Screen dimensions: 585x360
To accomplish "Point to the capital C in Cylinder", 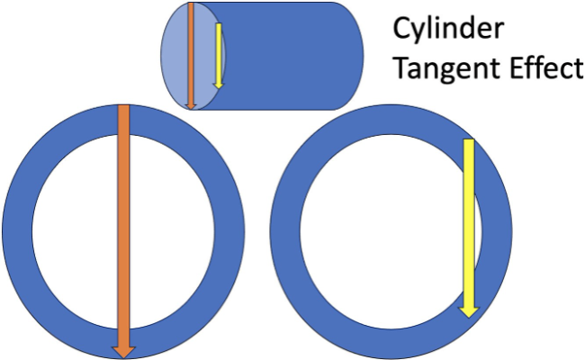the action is click(x=401, y=29).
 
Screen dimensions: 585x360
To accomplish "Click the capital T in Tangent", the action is click(x=402, y=67).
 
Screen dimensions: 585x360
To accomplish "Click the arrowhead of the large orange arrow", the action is click(x=123, y=352).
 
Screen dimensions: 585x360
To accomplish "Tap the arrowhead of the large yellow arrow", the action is click(x=469, y=312).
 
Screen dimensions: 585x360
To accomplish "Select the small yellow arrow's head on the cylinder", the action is click(x=219, y=85).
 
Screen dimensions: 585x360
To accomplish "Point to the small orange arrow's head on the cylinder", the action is click(x=191, y=106).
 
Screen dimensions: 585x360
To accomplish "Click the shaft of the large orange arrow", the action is click(x=123, y=226).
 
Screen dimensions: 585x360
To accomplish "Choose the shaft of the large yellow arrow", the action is click(x=469, y=223).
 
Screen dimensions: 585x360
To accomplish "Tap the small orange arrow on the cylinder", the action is click(x=191, y=56).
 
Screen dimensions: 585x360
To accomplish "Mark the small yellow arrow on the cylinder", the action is click(x=219, y=56).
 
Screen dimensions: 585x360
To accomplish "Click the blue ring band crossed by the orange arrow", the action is click(x=17, y=231).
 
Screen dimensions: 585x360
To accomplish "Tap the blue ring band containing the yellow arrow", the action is click(x=285, y=231).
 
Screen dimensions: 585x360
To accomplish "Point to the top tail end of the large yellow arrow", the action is click(x=469, y=139).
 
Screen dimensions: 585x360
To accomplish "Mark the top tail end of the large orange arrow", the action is click(x=123, y=106).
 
